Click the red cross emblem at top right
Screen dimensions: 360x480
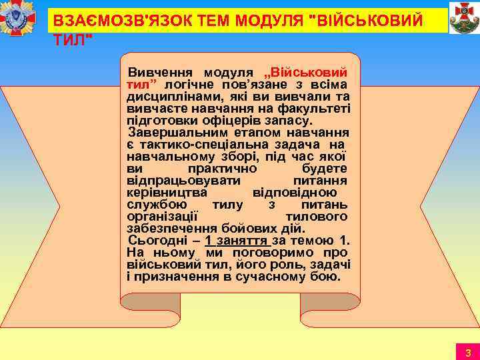pos(464,17)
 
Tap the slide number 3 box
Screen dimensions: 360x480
pos(468,352)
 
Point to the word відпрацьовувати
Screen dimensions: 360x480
pos(175,180)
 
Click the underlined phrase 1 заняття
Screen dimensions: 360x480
pos(237,241)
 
